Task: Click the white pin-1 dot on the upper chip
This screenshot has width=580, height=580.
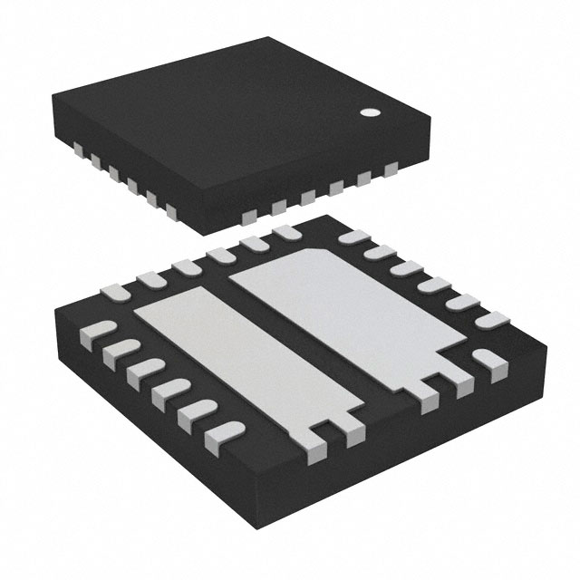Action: click(371, 113)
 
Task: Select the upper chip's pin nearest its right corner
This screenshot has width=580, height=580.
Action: click(391, 169)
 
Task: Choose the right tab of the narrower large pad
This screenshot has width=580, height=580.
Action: click(354, 436)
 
